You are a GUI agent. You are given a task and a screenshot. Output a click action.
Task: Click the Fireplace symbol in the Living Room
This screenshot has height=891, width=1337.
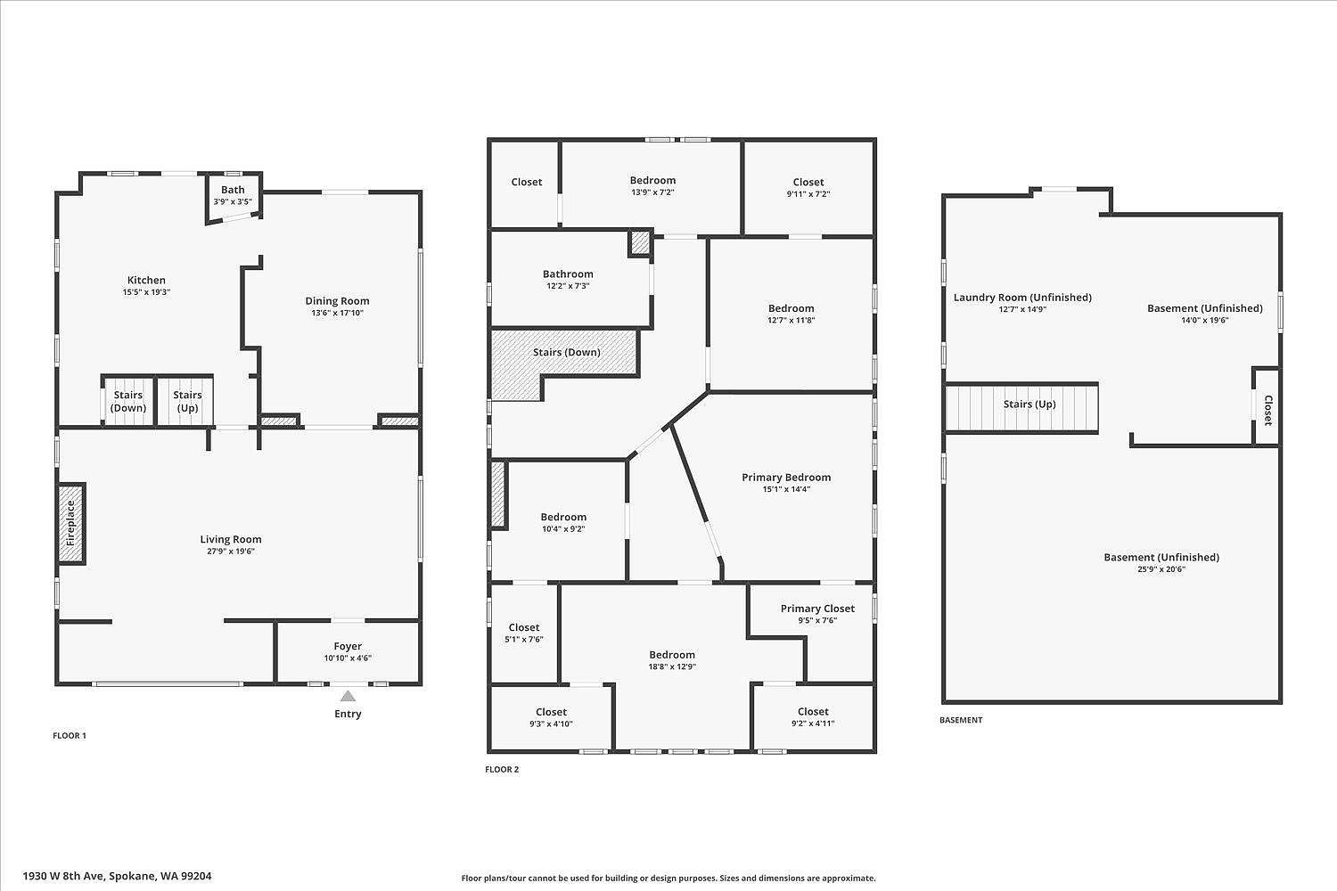click(71, 523)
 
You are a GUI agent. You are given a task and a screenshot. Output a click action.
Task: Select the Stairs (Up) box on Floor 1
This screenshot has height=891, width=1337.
click(187, 401)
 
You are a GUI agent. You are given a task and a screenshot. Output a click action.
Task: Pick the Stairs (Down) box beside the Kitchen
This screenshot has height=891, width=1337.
click(128, 401)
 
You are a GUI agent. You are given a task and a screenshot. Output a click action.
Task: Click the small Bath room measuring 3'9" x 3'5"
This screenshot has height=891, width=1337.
click(233, 195)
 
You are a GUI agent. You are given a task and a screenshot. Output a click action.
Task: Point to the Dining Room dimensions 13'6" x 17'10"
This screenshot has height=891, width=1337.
click(337, 313)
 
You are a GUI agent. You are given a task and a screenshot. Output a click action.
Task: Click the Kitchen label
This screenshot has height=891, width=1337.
click(146, 280)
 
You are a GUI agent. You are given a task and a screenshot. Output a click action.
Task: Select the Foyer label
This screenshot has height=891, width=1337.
click(348, 646)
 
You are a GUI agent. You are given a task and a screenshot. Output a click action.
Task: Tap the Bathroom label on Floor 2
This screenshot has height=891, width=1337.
click(568, 274)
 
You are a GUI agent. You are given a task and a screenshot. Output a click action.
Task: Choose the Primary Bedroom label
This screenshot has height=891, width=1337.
click(786, 478)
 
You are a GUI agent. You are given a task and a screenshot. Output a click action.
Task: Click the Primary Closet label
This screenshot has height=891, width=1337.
click(817, 609)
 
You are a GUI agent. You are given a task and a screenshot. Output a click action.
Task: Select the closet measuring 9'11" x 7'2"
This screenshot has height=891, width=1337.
click(808, 187)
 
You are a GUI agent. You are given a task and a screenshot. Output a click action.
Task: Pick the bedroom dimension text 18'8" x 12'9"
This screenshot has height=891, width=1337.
click(672, 666)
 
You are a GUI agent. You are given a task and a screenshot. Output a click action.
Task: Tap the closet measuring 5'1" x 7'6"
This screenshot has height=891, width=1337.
click(524, 633)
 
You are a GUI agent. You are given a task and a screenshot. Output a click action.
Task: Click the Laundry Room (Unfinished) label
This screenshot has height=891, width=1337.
click(1022, 298)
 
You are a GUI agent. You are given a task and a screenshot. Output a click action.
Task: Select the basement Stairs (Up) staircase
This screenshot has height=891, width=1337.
click(1021, 406)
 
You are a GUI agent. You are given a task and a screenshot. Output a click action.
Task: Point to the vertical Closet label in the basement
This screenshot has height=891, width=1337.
click(1267, 410)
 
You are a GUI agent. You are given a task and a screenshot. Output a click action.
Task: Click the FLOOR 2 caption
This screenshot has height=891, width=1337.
click(502, 769)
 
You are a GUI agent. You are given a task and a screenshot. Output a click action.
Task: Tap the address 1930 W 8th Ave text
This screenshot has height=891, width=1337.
click(117, 876)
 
